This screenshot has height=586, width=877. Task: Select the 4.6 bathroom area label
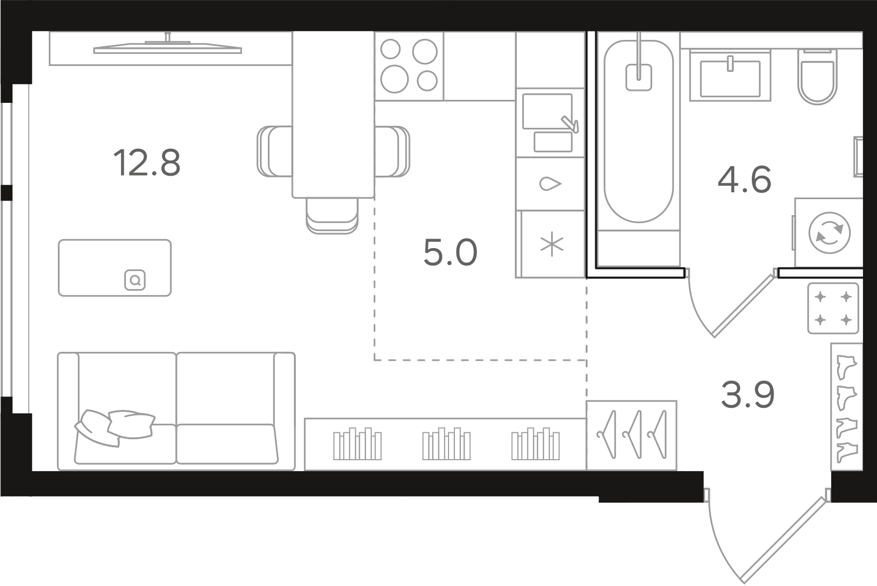[x=744, y=180]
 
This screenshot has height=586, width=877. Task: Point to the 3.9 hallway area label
[x=748, y=394]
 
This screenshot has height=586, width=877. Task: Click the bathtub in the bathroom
[x=639, y=131]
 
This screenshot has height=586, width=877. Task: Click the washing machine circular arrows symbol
[x=829, y=233]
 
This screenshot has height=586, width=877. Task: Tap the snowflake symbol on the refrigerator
[x=552, y=245]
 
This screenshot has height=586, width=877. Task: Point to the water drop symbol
[x=551, y=184]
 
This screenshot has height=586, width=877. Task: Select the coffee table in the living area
[x=115, y=268]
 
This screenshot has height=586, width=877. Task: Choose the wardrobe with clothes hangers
[x=632, y=435]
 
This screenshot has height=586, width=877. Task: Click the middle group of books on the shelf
[x=446, y=443]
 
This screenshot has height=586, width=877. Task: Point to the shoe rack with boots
[x=847, y=407]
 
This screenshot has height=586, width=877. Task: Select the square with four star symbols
[x=833, y=308]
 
